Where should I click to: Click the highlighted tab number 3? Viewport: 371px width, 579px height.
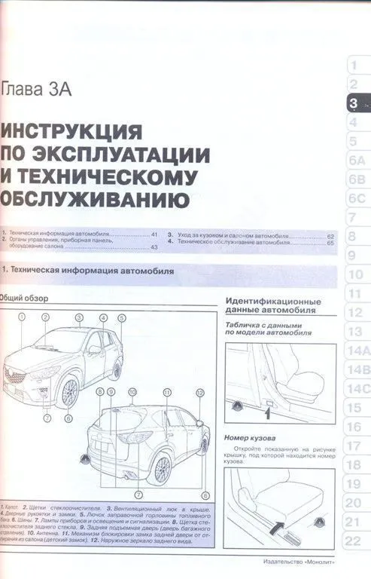click(x=353, y=103)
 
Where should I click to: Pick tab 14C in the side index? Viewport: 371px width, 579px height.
click(x=355, y=388)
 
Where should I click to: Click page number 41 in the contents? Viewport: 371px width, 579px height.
click(x=155, y=236)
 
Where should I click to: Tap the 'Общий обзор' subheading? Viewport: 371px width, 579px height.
click(x=21, y=297)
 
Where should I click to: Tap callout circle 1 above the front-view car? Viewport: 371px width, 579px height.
click(x=23, y=317)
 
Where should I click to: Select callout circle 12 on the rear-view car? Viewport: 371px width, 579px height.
click(x=199, y=392)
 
